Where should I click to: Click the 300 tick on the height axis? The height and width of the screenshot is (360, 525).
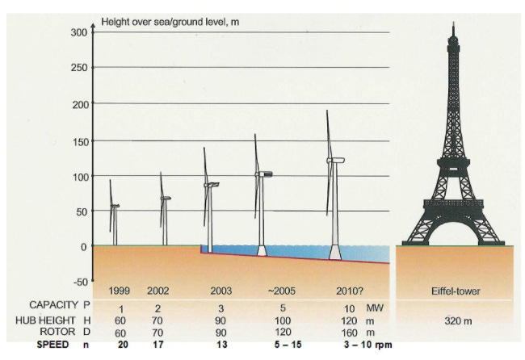click(x=78, y=32)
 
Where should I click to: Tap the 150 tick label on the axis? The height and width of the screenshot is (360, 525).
click(x=78, y=140)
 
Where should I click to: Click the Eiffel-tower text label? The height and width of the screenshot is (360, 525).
click(x=455, y=291)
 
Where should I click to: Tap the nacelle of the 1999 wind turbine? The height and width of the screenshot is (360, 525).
click(x=115, y=207)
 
